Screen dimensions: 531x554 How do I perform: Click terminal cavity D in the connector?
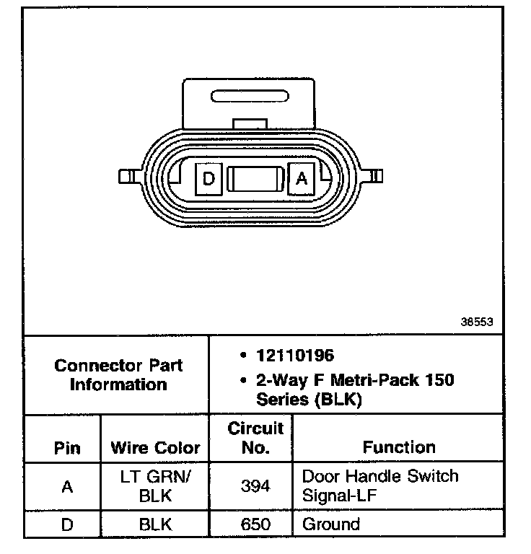(x=209, y=179)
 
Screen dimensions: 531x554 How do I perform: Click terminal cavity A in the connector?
(x=302, y=179)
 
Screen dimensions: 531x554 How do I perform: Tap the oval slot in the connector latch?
(x=250, y=96)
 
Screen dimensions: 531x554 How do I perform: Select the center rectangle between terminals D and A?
(x=255, y=179)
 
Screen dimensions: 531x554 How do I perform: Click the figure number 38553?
(x=477, y=322)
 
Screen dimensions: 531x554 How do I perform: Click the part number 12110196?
(x=295, y=356)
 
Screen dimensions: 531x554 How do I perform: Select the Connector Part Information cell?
(x=117, y=375)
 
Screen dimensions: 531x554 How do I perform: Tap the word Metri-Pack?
(x=375, y=380)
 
